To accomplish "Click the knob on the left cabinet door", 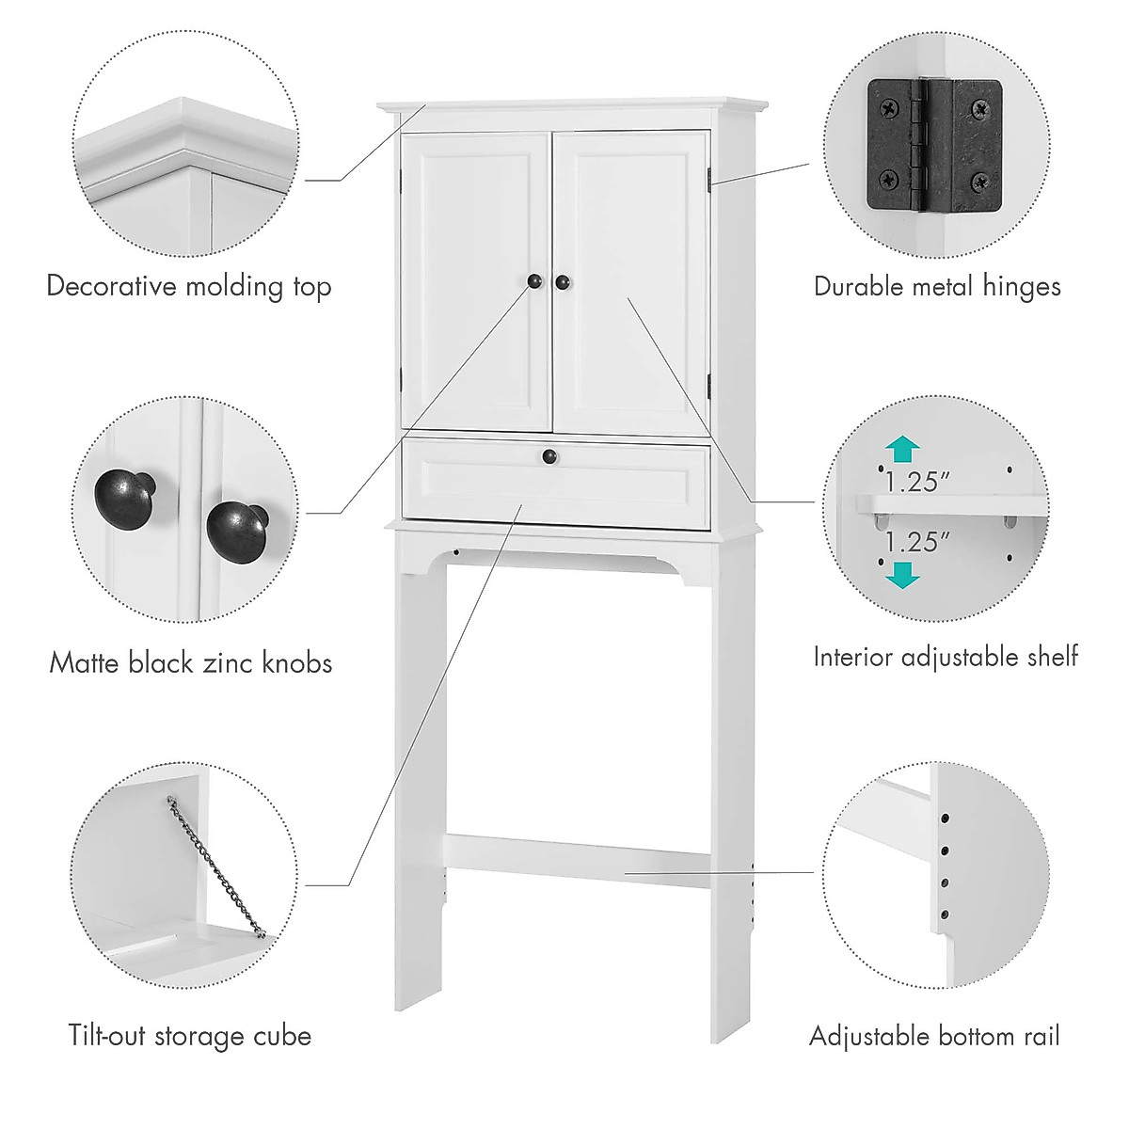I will tap(534, 281).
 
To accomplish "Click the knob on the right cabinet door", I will tap(563, 281).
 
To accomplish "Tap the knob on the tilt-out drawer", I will tap(549, 456).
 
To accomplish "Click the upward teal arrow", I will tap(902, 450).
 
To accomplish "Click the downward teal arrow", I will tap(902, 573).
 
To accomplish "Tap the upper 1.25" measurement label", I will tap(912, 483).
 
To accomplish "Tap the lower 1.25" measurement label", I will tap(912, 543).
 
